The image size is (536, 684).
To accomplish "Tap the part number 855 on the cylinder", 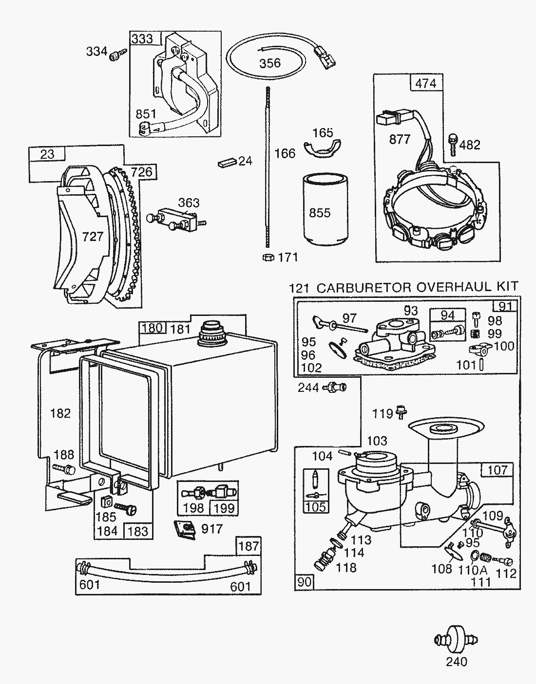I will pos(320,213).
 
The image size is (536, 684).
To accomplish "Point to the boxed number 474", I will pos(426,83).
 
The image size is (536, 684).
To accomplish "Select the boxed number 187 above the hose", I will pos(249,546).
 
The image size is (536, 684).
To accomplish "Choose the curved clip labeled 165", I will pos(322,147).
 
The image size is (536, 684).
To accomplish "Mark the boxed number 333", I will pos(142,38).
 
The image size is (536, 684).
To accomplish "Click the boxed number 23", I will pos(47,154).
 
